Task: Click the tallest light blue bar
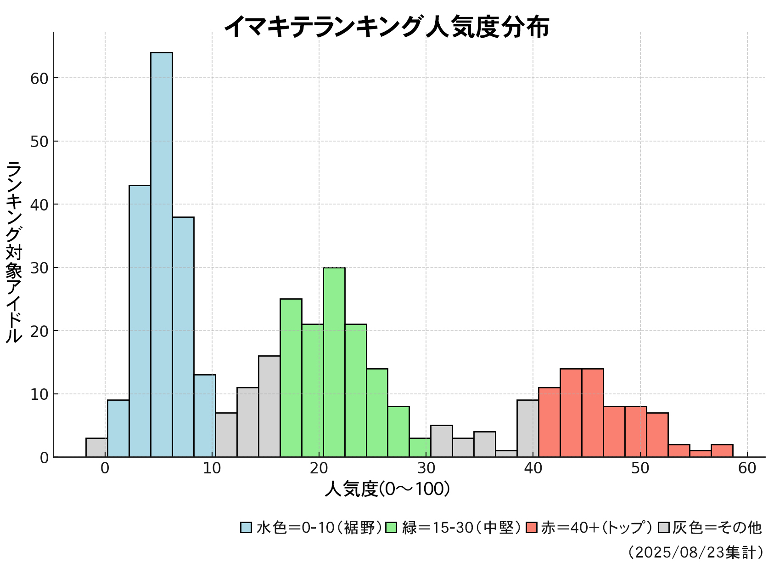pos(161,255)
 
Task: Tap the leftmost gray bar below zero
pos(96,448)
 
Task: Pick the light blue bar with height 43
pos(140,321)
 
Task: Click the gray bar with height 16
pos(269,406)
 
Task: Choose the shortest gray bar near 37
pos(506,454)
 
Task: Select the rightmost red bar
pos(722,451)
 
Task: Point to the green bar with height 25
pos(291,378)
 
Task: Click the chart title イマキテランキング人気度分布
pos(387,27)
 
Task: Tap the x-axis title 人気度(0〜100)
pos(387,489)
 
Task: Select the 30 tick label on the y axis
pos(39,268)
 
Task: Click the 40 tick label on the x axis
pos(533,469)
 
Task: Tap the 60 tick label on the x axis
pos(747,469)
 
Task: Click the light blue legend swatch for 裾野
pos(246,527)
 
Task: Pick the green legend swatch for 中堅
pos(392,527)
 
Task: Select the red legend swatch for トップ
pos(532,527)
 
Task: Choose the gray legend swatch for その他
pos(663,527)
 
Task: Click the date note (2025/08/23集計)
pos(695,552)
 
